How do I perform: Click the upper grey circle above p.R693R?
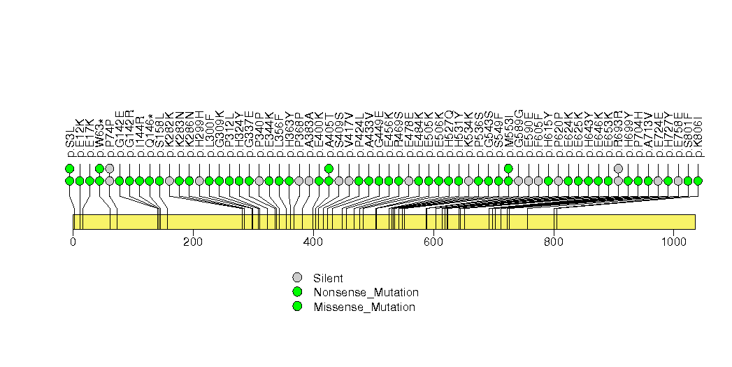click(618, 168)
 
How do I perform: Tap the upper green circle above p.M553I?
click(508, 168)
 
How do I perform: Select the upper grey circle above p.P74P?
click(110, 168)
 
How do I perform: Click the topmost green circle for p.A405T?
click(329, 168)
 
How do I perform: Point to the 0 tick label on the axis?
click(73, 242)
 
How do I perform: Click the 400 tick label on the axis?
click(313, 242)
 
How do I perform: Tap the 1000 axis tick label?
click(673, 242)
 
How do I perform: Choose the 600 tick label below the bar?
click(433, 242)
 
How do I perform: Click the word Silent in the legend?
click(328, 278)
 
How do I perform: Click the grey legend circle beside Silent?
click(297, 277)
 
